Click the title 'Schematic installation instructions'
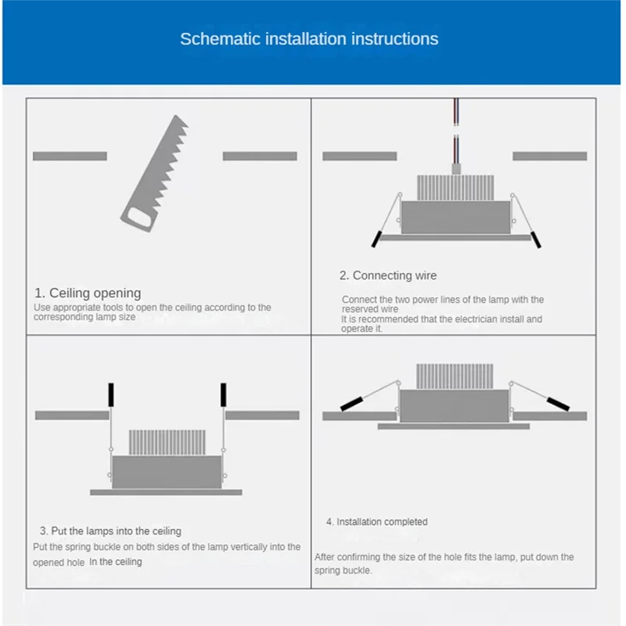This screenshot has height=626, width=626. click(x=309, y=39)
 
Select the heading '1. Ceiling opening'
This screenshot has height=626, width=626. click(x=88, y=293)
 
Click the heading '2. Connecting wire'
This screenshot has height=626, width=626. click(x=388, y=275)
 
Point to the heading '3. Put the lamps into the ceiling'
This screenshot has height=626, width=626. click(x=111, y=531)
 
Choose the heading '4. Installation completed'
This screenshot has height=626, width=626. click(x=377, y=522)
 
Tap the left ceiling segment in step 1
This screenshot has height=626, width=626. click(x=70, y=156)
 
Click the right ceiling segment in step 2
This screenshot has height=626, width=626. click(x=549, y=156)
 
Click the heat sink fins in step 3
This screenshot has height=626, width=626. click(x=167, y=443)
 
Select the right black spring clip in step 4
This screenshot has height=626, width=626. click(x=558, y=404)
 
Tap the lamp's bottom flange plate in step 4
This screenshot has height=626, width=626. click(x=453, y=426)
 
